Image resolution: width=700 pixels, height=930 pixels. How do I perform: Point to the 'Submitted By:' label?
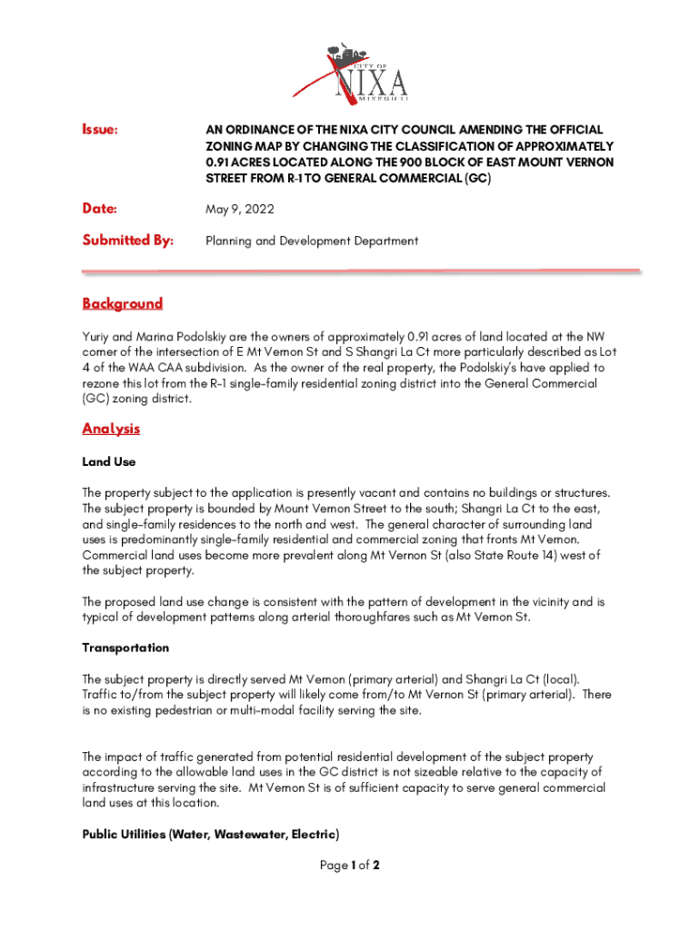[x=127, y=241]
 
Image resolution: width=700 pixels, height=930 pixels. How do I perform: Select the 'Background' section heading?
[x=123, y=303]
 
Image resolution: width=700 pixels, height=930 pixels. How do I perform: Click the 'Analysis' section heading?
[x=111, y=429]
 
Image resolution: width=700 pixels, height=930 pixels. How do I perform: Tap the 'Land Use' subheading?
[x=109, y=461]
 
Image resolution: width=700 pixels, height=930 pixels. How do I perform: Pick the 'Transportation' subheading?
[x=125, y=648]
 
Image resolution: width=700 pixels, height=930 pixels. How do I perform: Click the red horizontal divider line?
[x=362, y=271]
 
